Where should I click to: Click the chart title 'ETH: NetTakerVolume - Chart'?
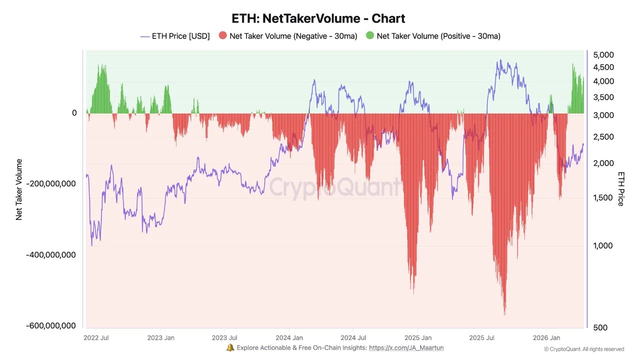(x=318, y=18)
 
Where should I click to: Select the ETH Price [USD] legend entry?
(x=175, y=36)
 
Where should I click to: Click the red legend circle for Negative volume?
(x=223, y=36)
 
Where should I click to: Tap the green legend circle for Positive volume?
(x=370, y=36)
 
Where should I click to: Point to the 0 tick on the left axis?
(x=74, y=113)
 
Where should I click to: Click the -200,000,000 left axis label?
(x=51, y=183)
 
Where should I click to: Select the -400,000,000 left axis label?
(x=51, y=254)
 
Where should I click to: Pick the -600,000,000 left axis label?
(x=51, y=325)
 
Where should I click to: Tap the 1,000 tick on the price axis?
(x=602, y=245)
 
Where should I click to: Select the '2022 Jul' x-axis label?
(x=96, y=338)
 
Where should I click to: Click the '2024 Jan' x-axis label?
(x=289, y=338)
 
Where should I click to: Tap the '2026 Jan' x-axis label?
(x=546, y=338)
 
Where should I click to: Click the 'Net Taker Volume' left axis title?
(x=19, y=189)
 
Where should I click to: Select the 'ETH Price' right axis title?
(x=621, y=188)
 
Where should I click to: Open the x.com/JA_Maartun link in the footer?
(x=406, y=347)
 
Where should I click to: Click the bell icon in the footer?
(x=230, y=347)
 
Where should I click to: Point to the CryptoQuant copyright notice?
(x=583, y=349)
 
